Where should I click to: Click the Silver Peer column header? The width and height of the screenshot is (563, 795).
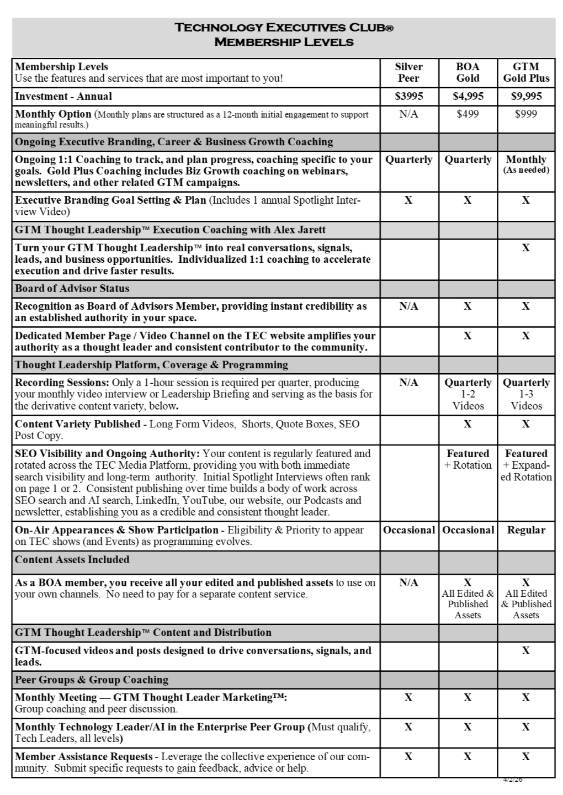click(408, 72)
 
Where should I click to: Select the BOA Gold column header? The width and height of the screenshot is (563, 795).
click(468, 72)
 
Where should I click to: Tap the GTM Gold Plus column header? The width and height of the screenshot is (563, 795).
click(526, 72)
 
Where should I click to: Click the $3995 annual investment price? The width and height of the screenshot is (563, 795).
click(408, 96)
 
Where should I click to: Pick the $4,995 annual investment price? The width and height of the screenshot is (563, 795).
click(468, 96)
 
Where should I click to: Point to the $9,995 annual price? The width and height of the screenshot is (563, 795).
click(526, 96)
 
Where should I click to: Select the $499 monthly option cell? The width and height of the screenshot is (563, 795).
click(468, 114)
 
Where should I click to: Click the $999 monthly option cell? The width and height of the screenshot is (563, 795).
click(526, 114)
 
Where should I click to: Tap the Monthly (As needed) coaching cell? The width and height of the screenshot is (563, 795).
click(526, 164)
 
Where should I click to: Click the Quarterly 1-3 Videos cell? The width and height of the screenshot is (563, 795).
click(526, 394)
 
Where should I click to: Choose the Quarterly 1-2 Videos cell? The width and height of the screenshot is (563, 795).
click(468, 394)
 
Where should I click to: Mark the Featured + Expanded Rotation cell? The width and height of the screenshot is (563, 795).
click(526, 465)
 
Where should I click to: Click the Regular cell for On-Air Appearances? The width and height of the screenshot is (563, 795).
click(526, 530)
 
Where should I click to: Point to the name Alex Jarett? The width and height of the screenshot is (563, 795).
click(301, 230)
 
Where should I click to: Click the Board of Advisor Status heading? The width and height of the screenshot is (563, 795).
click(72, 288)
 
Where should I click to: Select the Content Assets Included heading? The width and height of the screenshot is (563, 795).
click(72, 559)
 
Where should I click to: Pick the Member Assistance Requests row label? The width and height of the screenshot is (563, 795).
click(83, 756)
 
